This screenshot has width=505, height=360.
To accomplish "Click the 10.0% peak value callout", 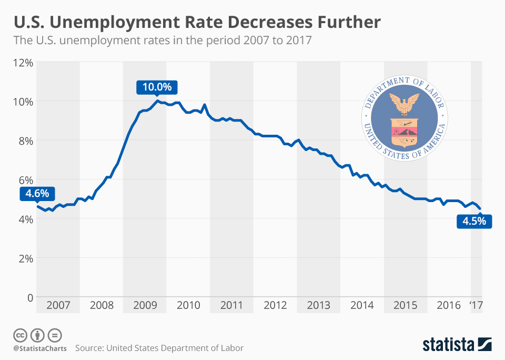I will point(157,87).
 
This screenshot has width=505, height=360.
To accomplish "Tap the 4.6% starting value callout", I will point(37,194).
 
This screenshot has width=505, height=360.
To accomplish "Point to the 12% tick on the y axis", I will point(23,62).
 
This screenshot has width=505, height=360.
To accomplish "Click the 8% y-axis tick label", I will point(25,141).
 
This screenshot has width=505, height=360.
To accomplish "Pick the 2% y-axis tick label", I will point(25,258).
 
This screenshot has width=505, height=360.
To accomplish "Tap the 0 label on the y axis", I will point(29,297).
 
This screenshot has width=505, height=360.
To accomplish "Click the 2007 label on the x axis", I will point(58,305).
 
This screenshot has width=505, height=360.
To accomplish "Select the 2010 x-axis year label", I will point(188,305).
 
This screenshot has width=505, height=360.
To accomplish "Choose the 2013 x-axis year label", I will point(319,305).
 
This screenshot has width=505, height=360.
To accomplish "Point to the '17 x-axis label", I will point(476,305).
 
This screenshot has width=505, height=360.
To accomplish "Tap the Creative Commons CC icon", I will point(20,335).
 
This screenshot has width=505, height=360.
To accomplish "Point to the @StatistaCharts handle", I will point(38,348).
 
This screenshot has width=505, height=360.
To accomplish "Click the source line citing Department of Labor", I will point(159,348).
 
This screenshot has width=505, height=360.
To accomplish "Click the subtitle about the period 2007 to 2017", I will point(163,41).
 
